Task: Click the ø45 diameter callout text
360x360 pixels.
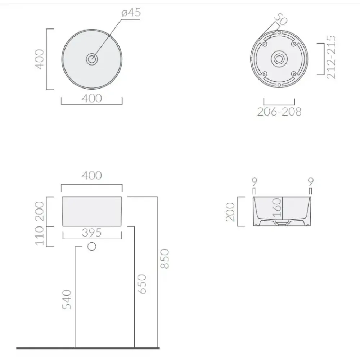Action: pos(131,12)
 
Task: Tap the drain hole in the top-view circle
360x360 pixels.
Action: pos(92,59)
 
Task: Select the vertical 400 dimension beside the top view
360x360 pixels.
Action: pos(40,59)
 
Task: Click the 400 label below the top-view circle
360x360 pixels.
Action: pos(91,99)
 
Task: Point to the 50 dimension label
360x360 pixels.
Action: pos(281,19)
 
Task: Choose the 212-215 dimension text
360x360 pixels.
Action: pos(331,57)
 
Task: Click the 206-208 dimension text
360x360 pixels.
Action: pos(279,112)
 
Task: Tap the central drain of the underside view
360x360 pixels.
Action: pos(279,59)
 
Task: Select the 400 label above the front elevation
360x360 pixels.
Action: pos(91,176)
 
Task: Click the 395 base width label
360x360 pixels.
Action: pos(91,233)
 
